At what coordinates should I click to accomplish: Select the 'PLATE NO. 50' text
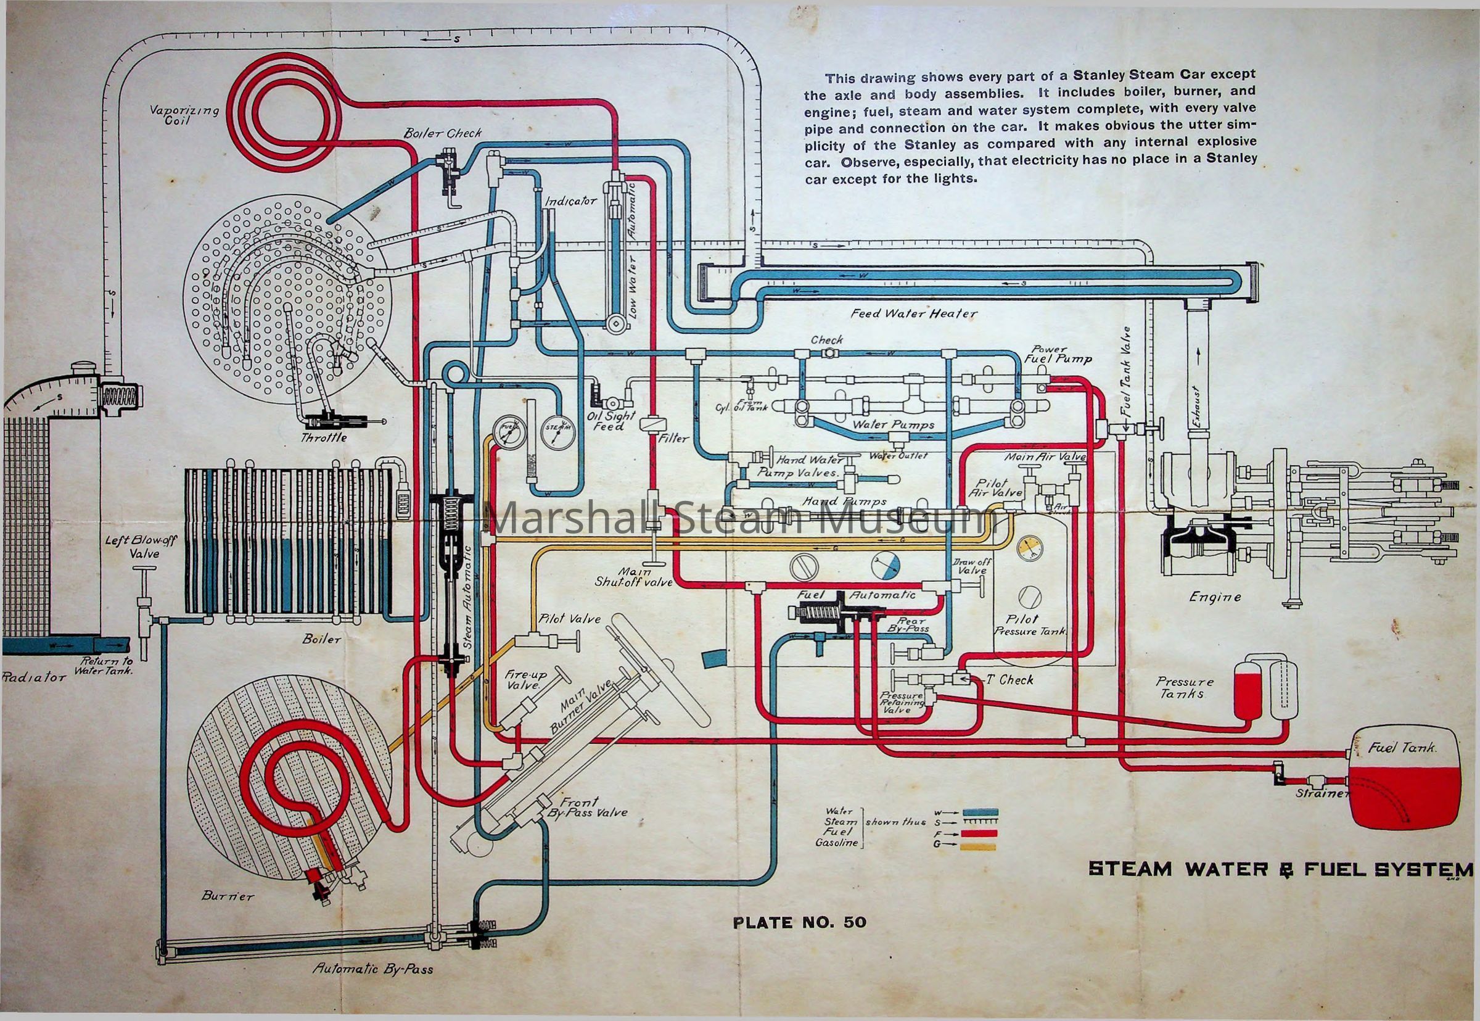click(799, 922)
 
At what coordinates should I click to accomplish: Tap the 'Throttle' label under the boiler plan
click(324, 437)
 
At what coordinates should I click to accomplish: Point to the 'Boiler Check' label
click(442, 133)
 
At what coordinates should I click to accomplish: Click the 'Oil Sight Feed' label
click(611, 420)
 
